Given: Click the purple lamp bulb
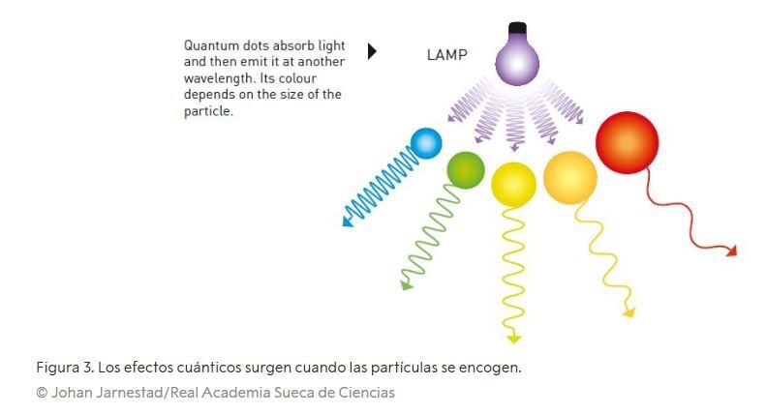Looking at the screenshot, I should pyautogui.click(x=516, y=59).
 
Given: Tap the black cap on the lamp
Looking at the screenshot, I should pyautogui.click(x=517, y=27).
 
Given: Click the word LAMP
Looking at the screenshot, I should pyautogui.click(x=447, y=56).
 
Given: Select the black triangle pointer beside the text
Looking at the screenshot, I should pyautogui.click(x=372, y=51).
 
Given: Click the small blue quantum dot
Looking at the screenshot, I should pyautogui.click(x=425, y=144).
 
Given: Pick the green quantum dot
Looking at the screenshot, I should pyautogui.click(x=465, y=170).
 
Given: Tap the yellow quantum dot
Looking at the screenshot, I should pyautogui.click(x=513, y=184).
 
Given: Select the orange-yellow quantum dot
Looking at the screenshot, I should pyautogui.click(x=569, y=177).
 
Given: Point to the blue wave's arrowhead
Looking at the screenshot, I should pyautogui.click(x=348, y=222).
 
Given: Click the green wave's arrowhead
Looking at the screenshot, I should pyautogui.click(x=405, y=285).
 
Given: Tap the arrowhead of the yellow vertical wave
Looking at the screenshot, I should pyautogui.click(x=513, y=338).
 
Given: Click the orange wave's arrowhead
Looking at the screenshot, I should pyautogui.click(x=628, y=312).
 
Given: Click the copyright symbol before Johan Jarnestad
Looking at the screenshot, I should pyautogui.click(x=42, y=393).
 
